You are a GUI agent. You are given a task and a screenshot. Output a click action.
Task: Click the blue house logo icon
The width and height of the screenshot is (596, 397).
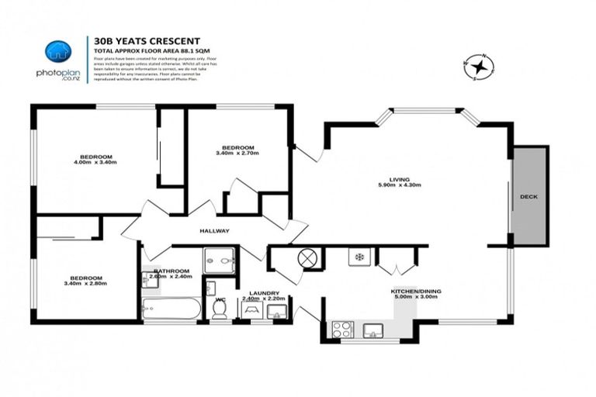coord(58,52)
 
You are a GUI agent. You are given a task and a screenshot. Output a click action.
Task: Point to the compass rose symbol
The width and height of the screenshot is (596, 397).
coord(477,67)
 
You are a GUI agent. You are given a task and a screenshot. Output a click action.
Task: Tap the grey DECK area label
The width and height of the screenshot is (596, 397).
coord(528,196)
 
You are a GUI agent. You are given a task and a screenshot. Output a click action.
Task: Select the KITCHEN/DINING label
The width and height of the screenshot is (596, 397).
coord(416,291)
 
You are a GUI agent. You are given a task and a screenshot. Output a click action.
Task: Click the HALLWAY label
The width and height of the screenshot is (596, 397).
coord(215,230)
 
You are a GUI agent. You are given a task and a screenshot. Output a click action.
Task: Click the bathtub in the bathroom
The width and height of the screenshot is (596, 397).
coord(172,309)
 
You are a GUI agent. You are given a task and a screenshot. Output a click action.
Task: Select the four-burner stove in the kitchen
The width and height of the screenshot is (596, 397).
coord(342,329)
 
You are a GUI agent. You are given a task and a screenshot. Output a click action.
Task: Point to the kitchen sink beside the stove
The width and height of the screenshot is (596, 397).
coord(373,330)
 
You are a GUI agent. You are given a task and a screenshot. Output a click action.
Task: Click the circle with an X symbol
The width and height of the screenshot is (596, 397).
coord(308,257)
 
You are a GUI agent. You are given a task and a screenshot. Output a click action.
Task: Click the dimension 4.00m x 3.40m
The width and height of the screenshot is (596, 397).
coord(95,163)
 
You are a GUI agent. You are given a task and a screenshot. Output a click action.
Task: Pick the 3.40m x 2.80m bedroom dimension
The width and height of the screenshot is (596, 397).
coord(85,284)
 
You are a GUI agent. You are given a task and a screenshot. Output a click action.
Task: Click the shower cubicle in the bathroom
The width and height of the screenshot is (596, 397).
coord(219,260)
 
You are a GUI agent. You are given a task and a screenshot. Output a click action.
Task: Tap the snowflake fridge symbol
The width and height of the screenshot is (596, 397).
coord(360,256)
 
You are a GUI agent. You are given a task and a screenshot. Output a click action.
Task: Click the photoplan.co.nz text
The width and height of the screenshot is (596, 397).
coord(58,74)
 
